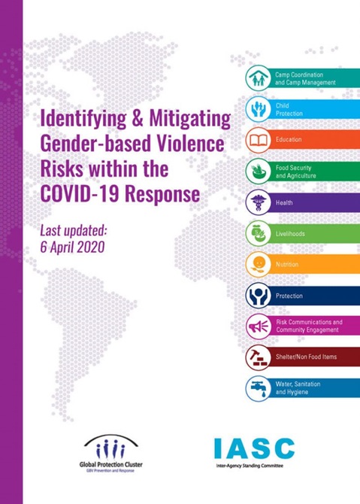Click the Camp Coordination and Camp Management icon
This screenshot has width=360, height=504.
pyautogui.click(x=259, y=77)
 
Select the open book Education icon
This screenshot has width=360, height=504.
pyautogui.click(x=259, y=140)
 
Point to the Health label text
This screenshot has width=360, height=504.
pyautogui.click(x=284, y=203)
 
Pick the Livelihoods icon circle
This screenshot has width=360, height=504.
pyautogui.click(x=259, y=234)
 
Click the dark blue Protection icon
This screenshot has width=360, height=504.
pyautogui.click(x=259, y=296)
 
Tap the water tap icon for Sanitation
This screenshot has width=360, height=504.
pyautogui.click(x=259, y=388)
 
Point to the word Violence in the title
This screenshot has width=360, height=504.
pyautogui.click(x=181, y=144)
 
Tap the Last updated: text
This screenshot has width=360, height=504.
pyautogui.click(x=78, y=228)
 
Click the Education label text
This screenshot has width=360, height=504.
pyautogui.click(x=289, y=140)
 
